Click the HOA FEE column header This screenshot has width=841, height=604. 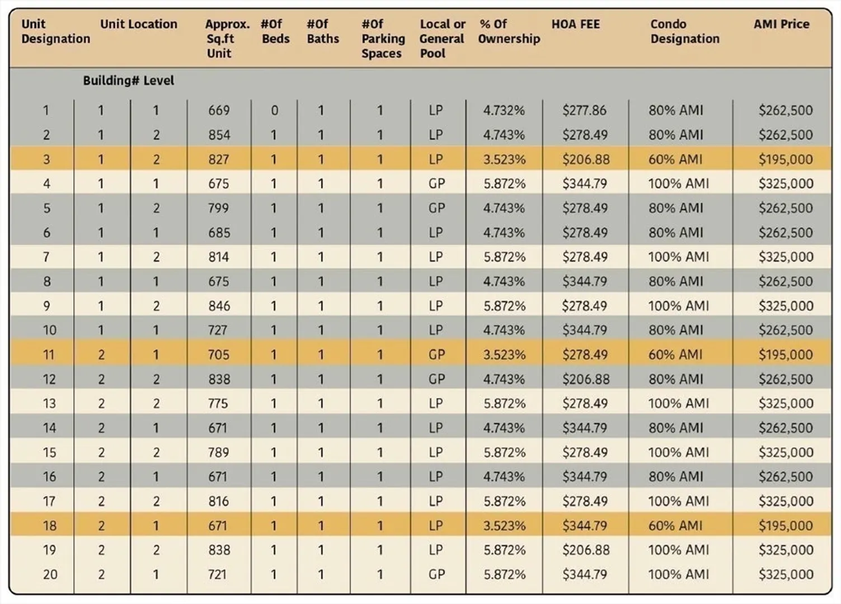click(x=576, y=25)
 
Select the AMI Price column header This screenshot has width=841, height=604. click(x=782, y=25)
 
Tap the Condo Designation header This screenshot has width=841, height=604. click(x=685, y=31)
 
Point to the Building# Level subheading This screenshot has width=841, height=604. click(x=128, y=81)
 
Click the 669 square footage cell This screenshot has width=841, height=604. click(x=219, y=110)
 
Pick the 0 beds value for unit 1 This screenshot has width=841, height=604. click(x=274, y=110)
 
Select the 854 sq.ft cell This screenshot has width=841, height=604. click(x=219, y=135)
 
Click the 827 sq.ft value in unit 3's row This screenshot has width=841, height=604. click(x=219, y=159)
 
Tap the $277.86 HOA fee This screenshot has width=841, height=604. click(x=584, y=110)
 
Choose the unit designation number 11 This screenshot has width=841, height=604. click(x=49, y=355)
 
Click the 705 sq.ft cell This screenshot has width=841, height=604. click(x=219, y=355)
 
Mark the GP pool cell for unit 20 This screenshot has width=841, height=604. click(x=436, y=574)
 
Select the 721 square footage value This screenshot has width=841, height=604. click(x=217, y=574)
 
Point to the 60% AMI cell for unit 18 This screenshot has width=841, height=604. click(x=675, y=526)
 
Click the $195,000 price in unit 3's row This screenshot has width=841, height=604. click(x=786, y=159)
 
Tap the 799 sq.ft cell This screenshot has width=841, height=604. click(x=219, y=208)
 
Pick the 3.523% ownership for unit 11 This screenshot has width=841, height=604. click(x=504, y=355)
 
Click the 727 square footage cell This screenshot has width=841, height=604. click(x=218, y=330)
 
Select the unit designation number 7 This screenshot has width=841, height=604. click(x=46, y=257)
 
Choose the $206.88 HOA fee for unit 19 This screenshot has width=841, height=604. click(x=586, y=550)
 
